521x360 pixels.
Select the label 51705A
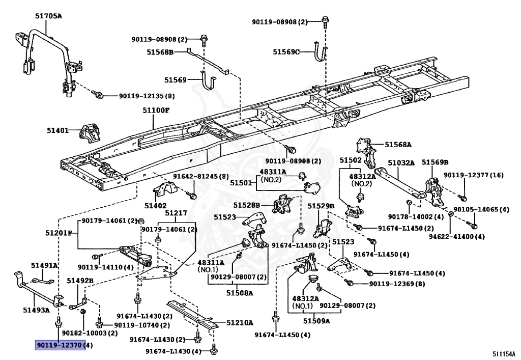click(48, 16)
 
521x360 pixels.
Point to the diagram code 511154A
click(503, 353)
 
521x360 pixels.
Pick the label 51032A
click(401, 163)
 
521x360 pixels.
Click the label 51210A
click(240, 323)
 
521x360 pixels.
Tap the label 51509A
click(316, 321)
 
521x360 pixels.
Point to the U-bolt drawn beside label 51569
click(209, 82)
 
